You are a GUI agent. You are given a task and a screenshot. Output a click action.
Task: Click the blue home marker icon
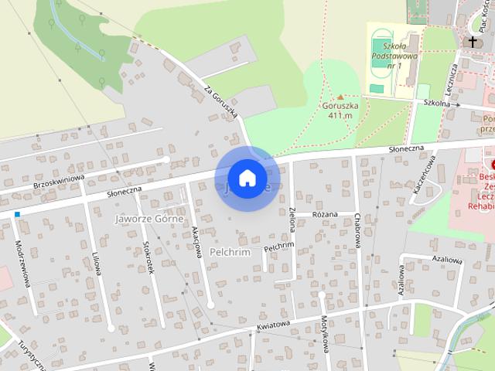click(x=247, y=178)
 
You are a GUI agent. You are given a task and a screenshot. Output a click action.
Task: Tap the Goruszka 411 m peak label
click(x=340, y=111)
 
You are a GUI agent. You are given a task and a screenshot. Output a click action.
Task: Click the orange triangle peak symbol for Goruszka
click(x=340, y=97)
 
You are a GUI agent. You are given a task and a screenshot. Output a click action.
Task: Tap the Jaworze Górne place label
click(x=148, y=219)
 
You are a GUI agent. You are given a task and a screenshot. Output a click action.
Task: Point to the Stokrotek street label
click(x=148, y=257)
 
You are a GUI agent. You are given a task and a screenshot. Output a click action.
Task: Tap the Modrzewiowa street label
click(x=22, y=262)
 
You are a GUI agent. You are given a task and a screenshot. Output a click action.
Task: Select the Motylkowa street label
click(x=326, y=339)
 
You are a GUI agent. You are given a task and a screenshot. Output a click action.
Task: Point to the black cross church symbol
click(x=473, y=42)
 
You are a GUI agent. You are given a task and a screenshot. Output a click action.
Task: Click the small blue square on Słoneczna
click(x=16, y=214)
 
